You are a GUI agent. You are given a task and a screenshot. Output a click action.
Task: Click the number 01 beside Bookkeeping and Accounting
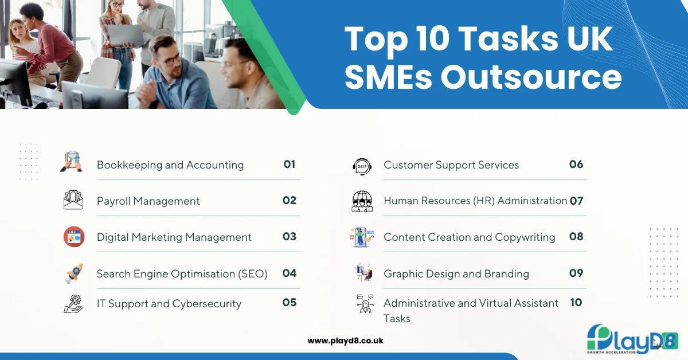click(x=289, y=165)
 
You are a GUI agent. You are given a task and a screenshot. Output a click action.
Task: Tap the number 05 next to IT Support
click(x=289, y=302)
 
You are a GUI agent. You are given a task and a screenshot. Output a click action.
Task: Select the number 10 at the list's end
click(x=576, y=302)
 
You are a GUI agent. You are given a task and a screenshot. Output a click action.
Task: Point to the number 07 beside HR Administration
click(x=576, y=201)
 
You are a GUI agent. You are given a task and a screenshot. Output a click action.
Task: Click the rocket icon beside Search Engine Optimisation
click(x=74, y=273)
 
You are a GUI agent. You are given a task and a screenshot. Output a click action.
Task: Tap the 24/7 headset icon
click(x=361, y=166)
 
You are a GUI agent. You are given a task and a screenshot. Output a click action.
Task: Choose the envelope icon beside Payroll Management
click(x=73, y=200)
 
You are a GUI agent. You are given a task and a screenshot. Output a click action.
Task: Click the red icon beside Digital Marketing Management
click(x=74, y=237)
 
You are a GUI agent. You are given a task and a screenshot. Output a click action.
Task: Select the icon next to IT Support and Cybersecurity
click(x=73, y=303)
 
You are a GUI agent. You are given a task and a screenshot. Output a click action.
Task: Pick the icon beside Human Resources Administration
click(x=362, y=201)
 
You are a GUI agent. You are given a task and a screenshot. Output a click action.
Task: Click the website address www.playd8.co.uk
click(x=345, y=341)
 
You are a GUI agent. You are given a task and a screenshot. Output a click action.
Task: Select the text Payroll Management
click(x=148, y=201)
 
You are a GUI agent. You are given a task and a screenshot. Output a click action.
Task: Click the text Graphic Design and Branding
click(x=456, y=274)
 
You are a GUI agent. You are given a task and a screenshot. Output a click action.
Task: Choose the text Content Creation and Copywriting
click(x=469, y=237)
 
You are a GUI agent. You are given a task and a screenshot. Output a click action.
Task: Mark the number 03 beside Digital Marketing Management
click(x=289, y=237)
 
